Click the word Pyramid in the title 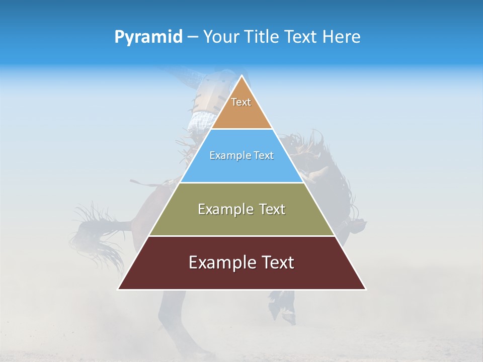148,37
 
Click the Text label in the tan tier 241,102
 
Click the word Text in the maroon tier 276,262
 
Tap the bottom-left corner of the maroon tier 119,289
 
